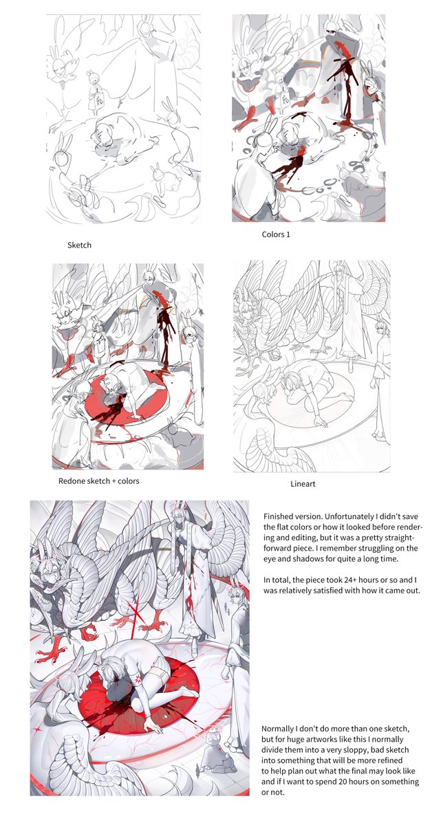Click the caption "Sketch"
79,245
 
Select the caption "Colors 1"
276,234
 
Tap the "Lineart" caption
303,484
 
